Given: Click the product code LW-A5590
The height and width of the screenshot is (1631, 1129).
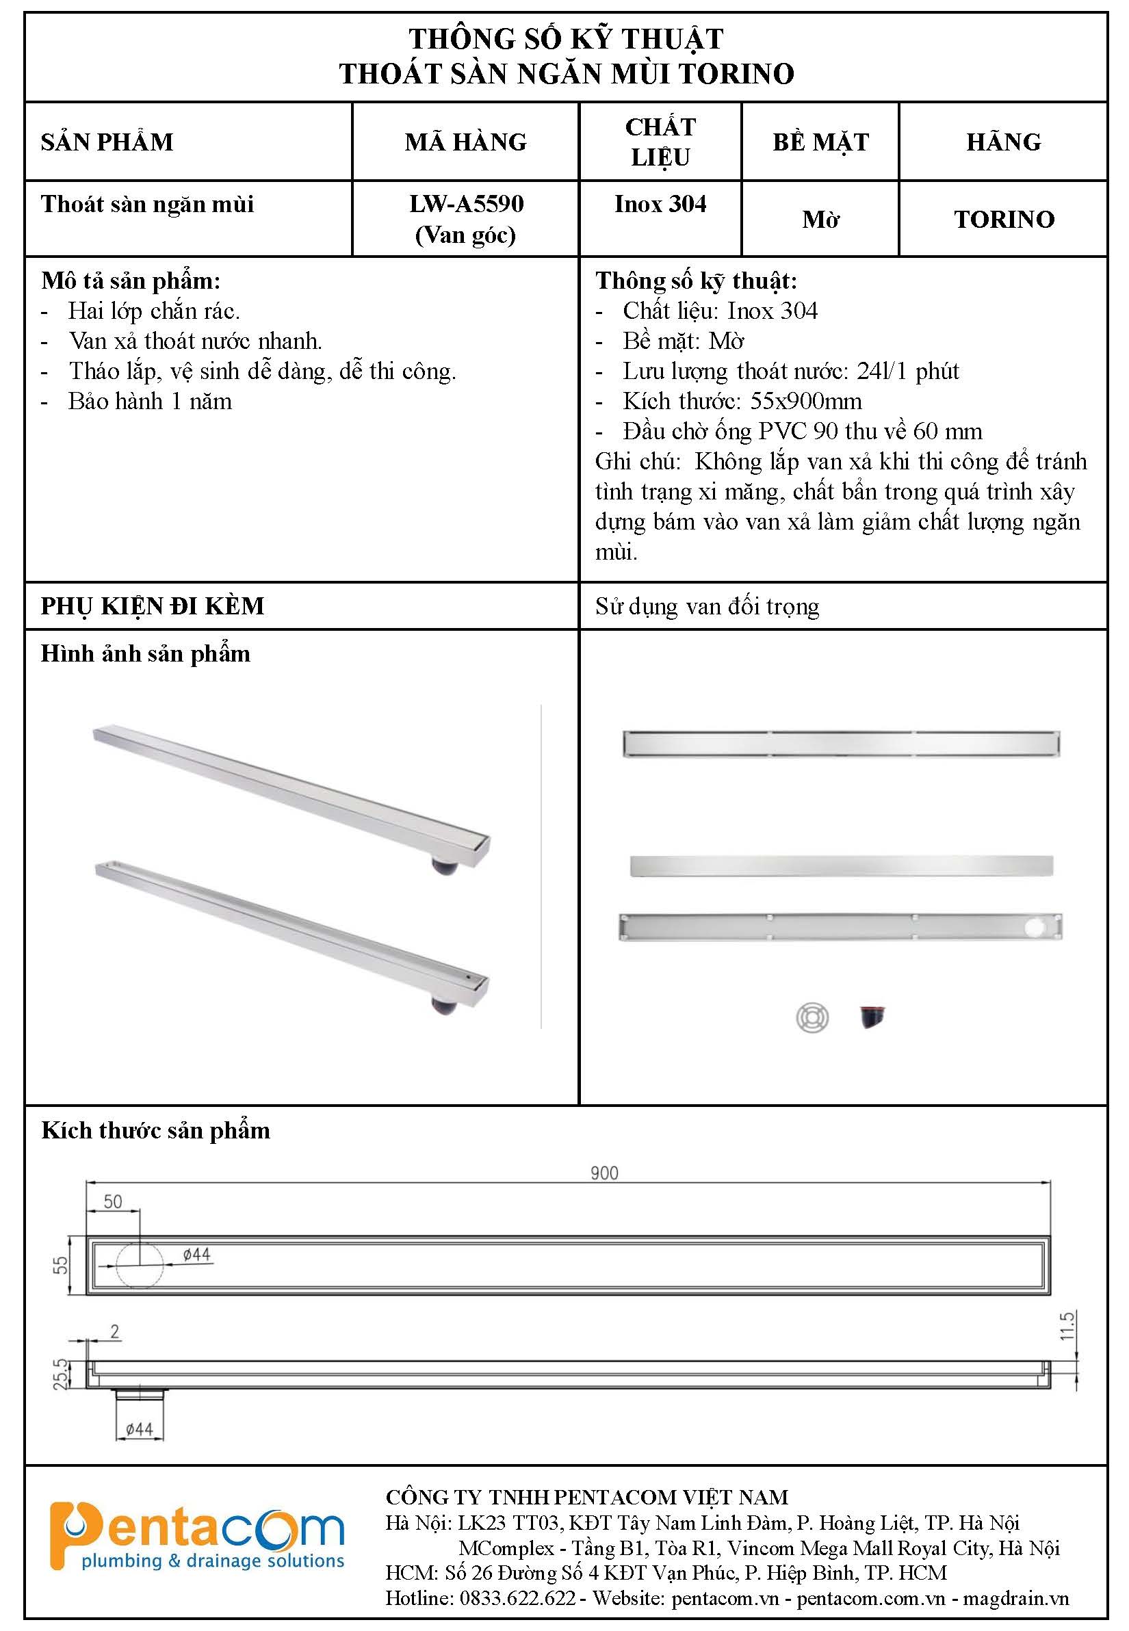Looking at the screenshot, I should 466,205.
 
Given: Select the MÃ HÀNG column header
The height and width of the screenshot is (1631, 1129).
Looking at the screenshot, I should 465,142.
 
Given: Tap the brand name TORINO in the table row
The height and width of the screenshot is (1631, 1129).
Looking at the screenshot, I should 1004,219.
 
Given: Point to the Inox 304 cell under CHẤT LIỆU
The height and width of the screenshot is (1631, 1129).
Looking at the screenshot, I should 660,205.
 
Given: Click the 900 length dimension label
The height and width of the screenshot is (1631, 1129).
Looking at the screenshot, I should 604,1173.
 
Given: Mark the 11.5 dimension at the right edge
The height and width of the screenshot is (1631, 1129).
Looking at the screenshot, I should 1067,1325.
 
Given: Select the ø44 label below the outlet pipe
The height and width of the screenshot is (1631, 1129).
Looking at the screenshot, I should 140,1429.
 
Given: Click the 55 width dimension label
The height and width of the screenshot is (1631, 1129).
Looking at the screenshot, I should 62,1264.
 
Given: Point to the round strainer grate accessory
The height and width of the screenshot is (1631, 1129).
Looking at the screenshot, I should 812,1019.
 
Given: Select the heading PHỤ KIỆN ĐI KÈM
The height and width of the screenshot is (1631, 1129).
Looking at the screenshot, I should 152,606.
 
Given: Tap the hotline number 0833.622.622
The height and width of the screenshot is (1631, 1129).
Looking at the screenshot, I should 518,1598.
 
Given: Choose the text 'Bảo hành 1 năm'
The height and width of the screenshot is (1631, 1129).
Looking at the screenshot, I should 150,402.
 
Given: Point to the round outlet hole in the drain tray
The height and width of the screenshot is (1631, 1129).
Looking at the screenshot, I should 1037,927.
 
